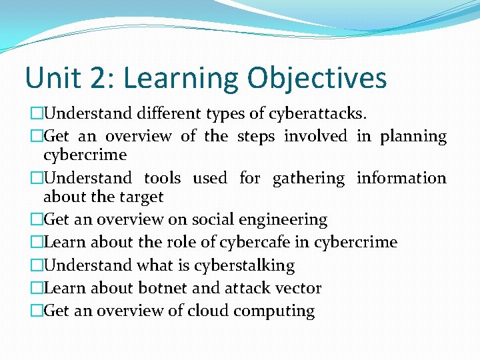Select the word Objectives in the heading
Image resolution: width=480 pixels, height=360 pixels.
(317, 78)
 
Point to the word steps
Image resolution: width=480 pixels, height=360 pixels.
(255, 137)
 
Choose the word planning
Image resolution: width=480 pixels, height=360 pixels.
(413, 137)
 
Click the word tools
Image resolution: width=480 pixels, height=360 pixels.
(163, 178)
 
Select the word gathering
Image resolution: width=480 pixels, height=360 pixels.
(309, 179)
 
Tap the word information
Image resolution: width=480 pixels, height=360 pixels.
(401, 178)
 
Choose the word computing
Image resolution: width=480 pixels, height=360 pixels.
(275, 311)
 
